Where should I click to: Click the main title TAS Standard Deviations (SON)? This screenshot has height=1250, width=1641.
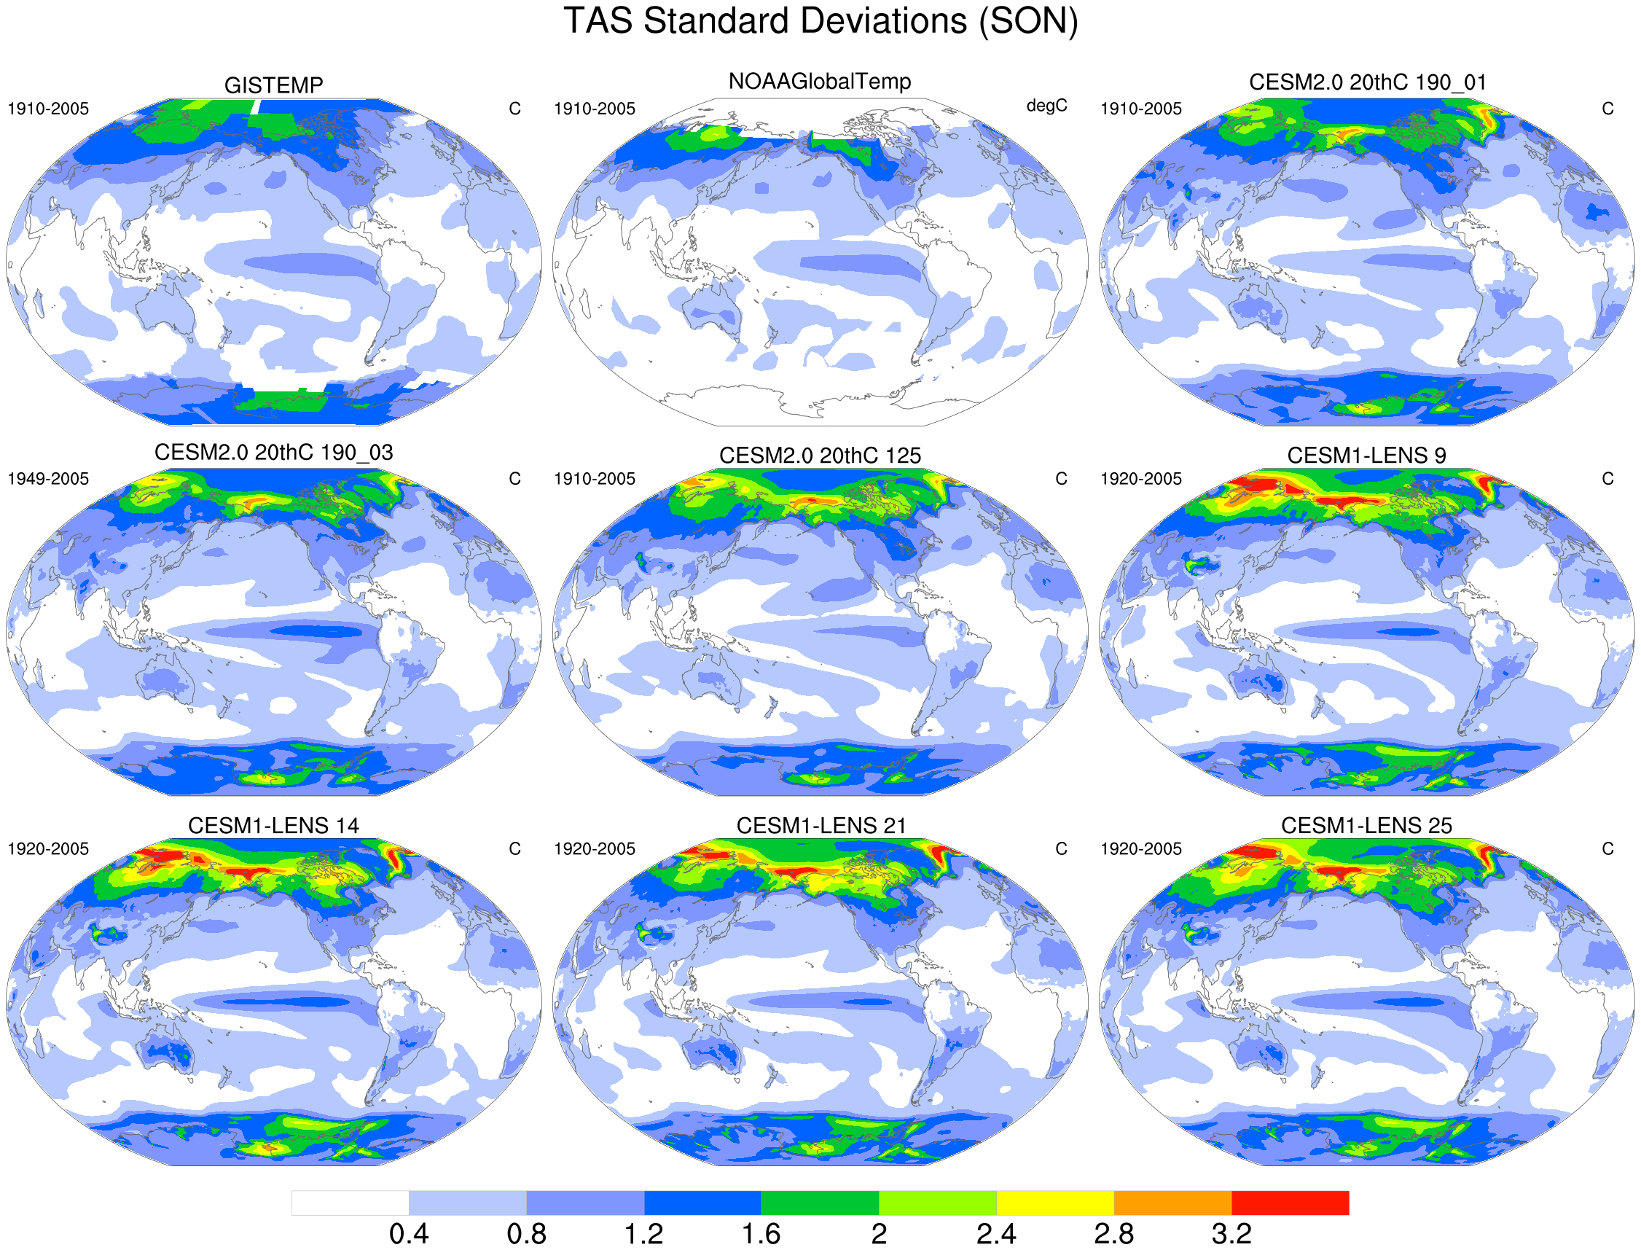820,21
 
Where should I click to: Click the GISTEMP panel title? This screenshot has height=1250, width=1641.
274,85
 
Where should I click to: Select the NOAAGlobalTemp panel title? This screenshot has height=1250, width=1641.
819,81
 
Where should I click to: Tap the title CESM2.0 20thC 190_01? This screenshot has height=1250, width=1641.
1367,82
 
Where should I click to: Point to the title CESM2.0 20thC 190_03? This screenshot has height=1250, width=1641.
274,453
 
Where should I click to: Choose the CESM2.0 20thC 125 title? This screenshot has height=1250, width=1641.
820,456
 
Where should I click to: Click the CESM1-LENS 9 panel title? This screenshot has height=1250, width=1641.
1366,456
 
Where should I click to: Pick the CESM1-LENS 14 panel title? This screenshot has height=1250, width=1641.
274,825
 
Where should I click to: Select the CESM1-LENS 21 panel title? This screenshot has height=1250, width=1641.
820,825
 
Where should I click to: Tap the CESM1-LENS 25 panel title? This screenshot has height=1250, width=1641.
1366,825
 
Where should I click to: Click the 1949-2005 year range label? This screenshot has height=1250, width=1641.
48,478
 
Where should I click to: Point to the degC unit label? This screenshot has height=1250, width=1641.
1046,106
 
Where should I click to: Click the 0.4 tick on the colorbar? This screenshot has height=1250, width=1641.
409,1234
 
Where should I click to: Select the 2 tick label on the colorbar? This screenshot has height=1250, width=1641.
879,1234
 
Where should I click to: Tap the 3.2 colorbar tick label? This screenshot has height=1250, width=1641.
1231,1234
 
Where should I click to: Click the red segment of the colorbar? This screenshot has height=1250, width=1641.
1290,1203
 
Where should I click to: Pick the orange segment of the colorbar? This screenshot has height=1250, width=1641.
1172,1203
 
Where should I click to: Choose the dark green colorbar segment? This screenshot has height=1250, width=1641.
820,1203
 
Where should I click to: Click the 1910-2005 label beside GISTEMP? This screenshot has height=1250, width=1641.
48,109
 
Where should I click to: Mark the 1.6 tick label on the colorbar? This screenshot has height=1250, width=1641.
761,1234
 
